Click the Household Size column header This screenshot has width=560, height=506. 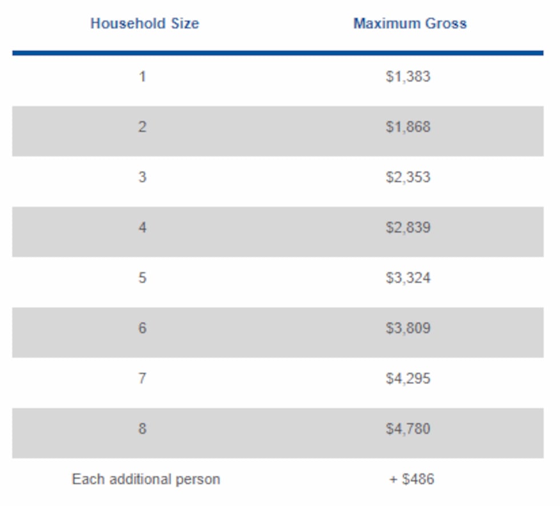145,23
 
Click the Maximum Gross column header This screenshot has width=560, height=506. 410,23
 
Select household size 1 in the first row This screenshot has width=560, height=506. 142,76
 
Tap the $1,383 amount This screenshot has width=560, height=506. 408,77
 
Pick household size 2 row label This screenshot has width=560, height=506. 142,126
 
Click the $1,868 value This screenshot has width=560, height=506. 408,127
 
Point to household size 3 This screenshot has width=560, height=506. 142,177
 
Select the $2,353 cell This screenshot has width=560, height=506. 408,177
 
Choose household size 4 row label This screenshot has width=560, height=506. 142,227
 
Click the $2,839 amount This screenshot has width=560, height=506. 408,228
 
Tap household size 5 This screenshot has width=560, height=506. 142,277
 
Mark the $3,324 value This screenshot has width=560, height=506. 408,278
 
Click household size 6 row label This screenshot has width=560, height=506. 142,328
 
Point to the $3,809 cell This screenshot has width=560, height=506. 408,328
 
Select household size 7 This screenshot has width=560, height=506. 142,378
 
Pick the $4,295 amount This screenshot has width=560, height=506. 408,378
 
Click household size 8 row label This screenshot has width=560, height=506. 142,428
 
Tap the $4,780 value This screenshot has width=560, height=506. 408,429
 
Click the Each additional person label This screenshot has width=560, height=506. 146,479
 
